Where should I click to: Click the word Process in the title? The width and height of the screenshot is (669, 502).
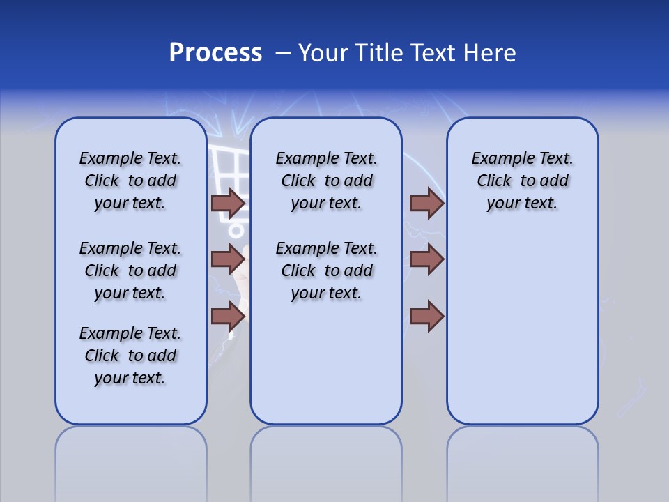(215, 53)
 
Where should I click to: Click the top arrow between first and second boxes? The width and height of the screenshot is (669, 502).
(228, 203)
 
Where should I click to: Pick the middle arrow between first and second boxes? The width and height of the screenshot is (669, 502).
(228, 259)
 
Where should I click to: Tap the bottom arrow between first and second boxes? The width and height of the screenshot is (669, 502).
(228, 316)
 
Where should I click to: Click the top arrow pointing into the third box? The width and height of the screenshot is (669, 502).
(426, 203)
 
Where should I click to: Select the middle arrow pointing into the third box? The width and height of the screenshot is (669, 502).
(426, 259)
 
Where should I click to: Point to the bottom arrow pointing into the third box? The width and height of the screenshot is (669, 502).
(426, 316)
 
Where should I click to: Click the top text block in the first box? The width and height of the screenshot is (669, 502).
(130, 181)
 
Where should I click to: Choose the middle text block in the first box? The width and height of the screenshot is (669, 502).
(130, 271)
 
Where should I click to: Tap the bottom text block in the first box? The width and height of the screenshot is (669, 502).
(130, 356)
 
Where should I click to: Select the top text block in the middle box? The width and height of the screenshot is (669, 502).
(326, 181)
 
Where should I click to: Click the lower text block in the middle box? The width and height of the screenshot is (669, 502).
(326, 271)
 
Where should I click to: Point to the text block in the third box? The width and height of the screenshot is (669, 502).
(522, 181)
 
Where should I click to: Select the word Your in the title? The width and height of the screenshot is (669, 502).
(324, 53)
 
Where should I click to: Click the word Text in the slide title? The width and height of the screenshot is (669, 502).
(432, 53)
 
